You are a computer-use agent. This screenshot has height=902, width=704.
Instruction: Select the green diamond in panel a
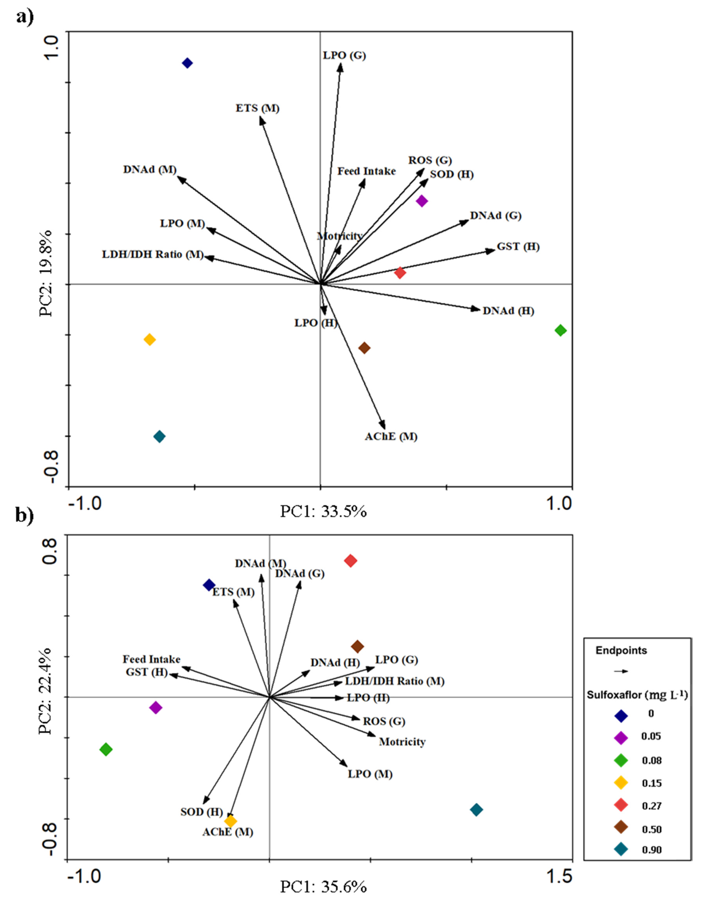click(560, 330)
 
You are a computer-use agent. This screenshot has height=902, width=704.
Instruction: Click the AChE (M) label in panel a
click(391, 436)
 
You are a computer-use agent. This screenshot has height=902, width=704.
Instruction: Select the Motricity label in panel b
click(402, 742)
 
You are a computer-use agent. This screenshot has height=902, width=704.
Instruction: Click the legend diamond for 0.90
click(621, 849)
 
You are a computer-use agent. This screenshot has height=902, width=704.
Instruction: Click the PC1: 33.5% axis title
click(323, 512)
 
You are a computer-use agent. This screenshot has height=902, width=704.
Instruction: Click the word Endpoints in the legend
click(621, 651)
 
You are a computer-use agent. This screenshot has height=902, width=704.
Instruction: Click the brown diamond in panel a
click(364, 348)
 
